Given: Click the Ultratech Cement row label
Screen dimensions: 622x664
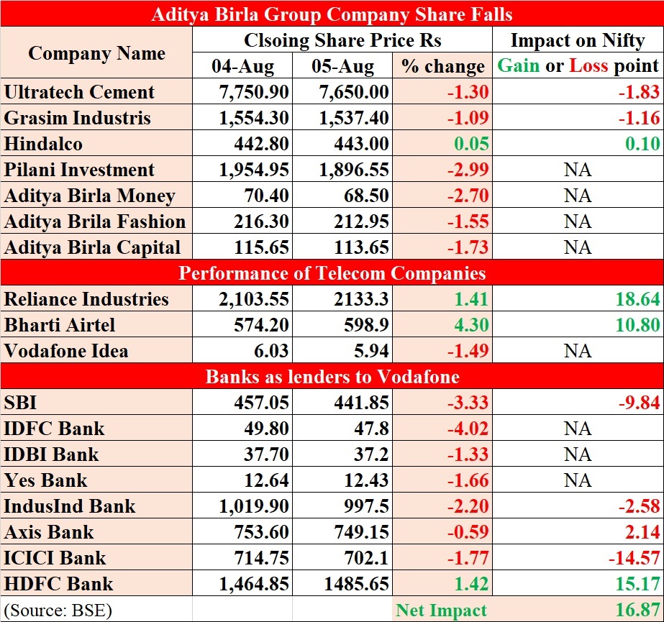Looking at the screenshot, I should [79, 92].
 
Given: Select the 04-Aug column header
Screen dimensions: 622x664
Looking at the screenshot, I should [242, 66].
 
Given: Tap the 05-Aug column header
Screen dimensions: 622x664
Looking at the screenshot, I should [342, 66].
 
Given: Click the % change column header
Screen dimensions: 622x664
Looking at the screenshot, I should [443, 66].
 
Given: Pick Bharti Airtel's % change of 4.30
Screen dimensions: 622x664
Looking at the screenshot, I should [471, 325].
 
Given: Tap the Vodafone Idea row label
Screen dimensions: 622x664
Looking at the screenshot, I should [66, 351].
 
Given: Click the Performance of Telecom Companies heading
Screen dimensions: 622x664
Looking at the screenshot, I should [332, 273].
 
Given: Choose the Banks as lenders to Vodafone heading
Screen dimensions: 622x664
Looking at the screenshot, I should [332, 377].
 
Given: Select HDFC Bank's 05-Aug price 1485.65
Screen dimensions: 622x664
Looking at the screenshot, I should [352, 584].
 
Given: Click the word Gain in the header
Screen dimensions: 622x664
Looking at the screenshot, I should [518, 66].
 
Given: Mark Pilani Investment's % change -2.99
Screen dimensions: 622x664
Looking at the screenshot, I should [468, 170].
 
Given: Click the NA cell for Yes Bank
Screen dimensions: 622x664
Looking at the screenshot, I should [578, 480].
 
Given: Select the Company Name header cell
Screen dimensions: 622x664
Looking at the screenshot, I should [96, 52].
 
